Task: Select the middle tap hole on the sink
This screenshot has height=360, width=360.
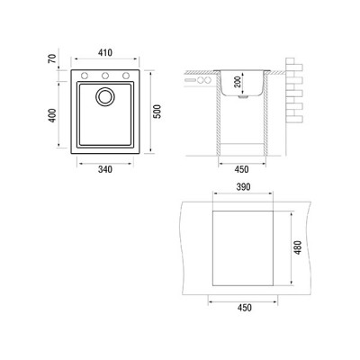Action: point(106,74)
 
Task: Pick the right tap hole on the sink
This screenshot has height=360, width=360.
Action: point(125,74)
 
